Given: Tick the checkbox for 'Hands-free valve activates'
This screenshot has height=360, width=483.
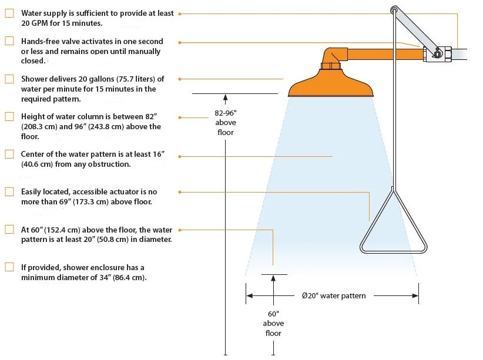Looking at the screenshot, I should click(9, 42).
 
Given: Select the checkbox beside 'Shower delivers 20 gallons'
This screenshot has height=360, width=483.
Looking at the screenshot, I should click(9, 79).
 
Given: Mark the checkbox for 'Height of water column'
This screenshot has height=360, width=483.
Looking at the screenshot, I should click(9, 117).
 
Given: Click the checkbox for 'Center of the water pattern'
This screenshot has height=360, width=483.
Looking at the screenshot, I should click(9, 154).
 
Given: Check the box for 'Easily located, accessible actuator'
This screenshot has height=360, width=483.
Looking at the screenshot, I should click(9, 192).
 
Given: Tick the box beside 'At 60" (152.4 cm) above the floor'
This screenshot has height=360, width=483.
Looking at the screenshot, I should click(9, 230).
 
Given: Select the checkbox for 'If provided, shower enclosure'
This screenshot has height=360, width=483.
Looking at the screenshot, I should click(9, 267).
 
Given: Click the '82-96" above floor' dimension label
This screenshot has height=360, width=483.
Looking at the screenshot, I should click(225, 122).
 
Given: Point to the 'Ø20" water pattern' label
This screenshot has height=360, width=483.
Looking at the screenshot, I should click(333, 295).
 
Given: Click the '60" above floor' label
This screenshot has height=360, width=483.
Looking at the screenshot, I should click(273, 323).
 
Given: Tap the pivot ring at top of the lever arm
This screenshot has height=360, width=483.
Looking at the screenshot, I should click(394, 10).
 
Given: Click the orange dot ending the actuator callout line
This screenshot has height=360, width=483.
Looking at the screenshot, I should click(179, 192).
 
